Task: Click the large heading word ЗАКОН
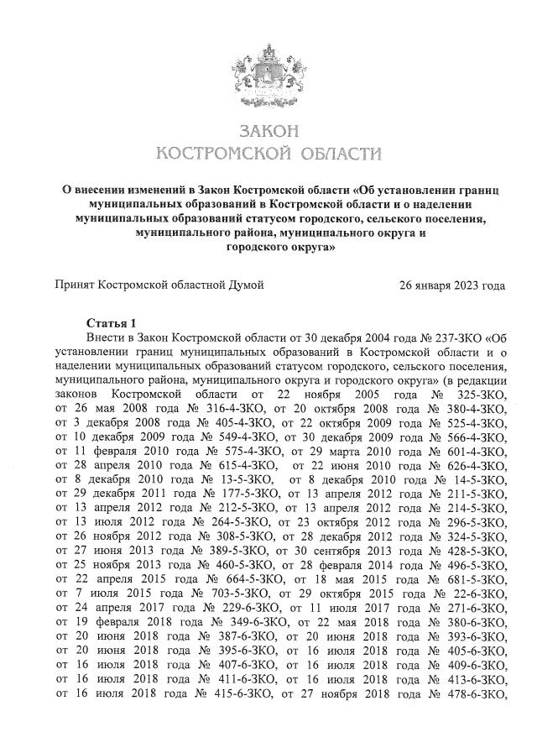click(268, 133)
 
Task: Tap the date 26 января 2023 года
click(454, 285)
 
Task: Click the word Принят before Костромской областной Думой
click(75, 285)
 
